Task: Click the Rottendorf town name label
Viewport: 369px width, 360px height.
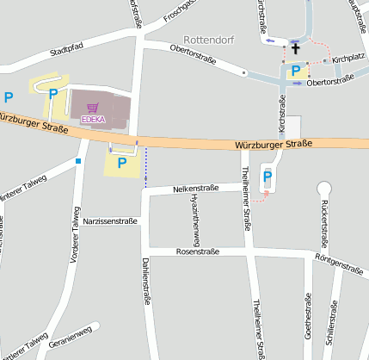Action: coord(209,40)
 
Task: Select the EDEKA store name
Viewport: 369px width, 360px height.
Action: coord(93,118)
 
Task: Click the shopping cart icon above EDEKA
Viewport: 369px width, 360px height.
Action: coord(93,108)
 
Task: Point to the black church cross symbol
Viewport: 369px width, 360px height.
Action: coord(295,50)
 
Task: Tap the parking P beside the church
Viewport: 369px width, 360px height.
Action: coord(296,71)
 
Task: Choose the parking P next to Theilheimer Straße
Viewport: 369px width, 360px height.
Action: coord(267,176)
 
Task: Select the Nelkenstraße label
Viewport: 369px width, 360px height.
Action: coord(196,187)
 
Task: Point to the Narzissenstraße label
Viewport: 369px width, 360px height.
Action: coord(110,221)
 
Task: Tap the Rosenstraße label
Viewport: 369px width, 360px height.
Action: coord(197,251)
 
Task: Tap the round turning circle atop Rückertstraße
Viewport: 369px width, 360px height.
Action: coord(324,188)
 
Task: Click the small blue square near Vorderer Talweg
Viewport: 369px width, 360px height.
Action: coord(78,160)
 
